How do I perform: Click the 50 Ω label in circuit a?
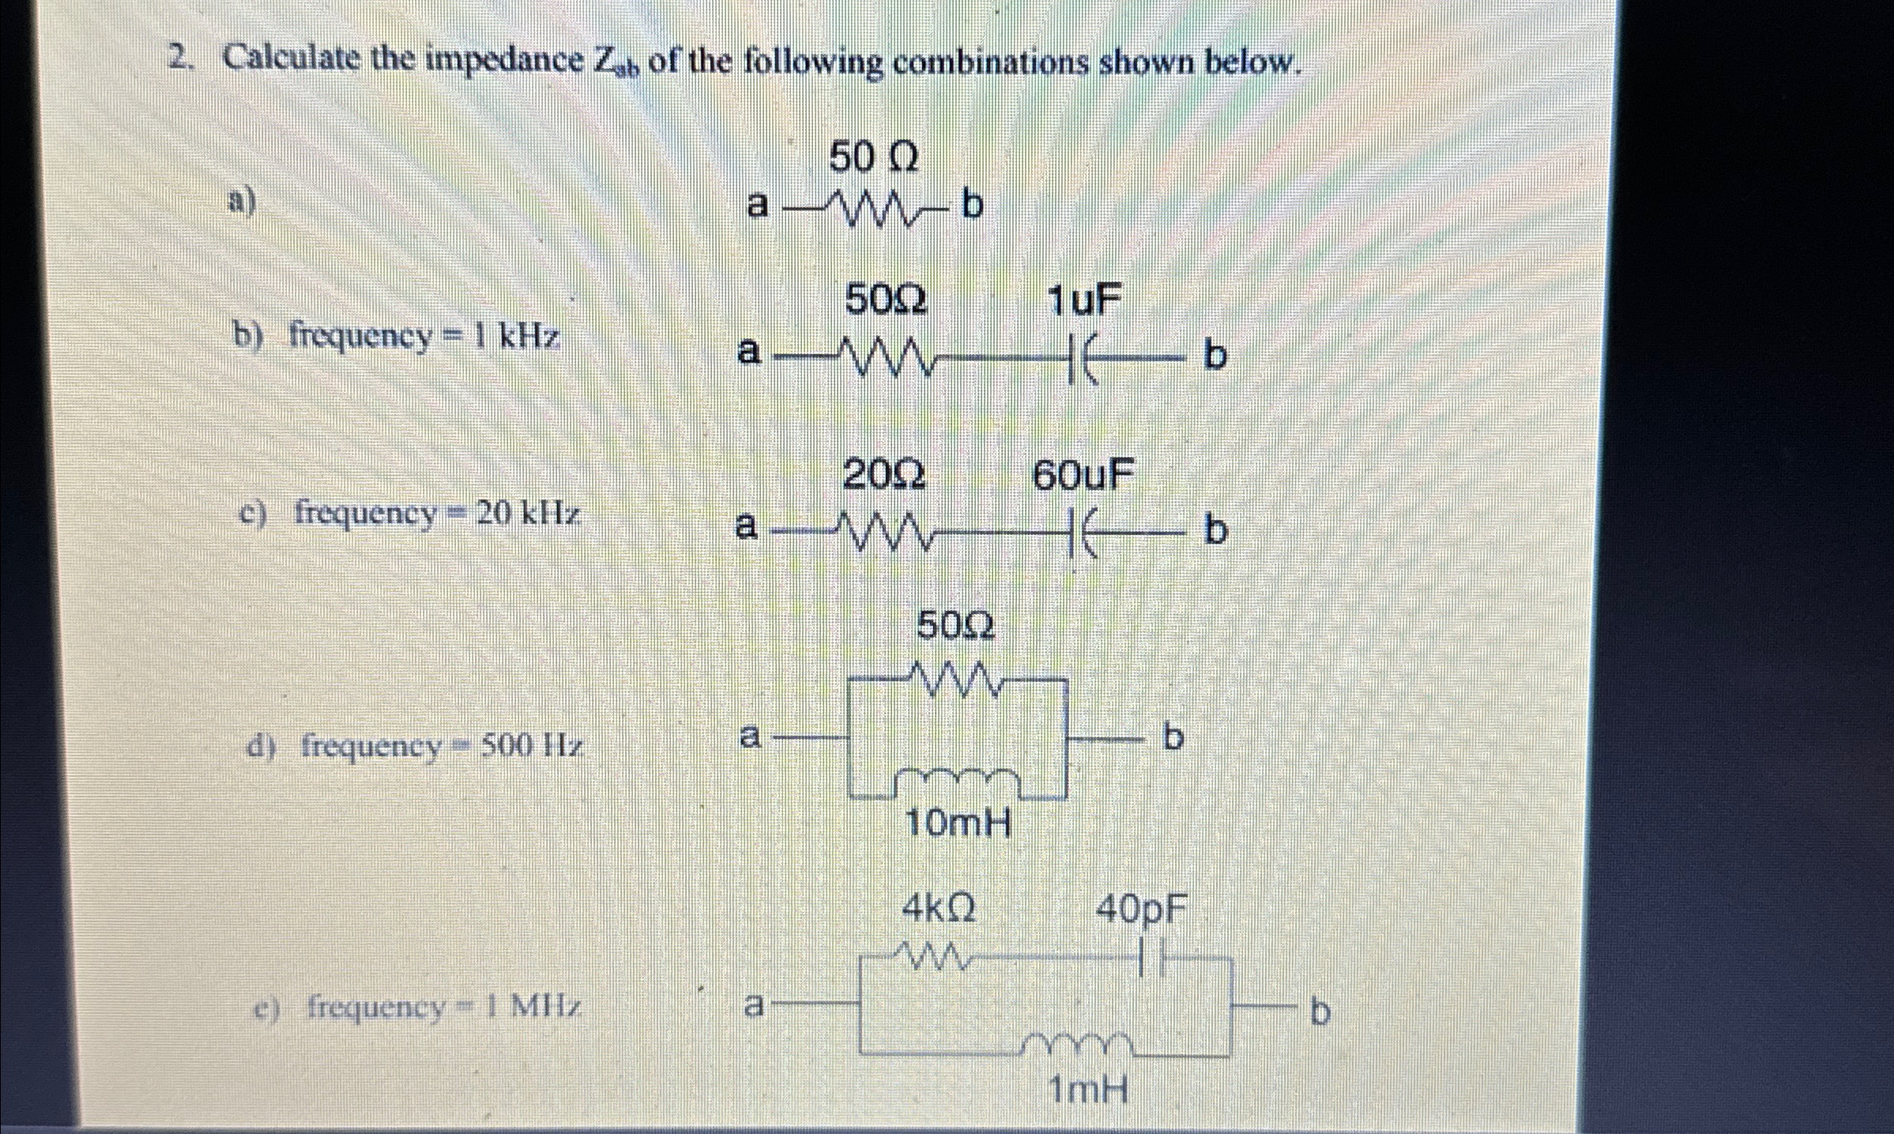point(873,158)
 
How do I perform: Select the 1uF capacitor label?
point(1083,301)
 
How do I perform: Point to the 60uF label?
point(1083,476)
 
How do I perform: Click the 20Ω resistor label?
point(883,476)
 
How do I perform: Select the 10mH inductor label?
point(958,825)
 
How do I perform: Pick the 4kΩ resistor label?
point(939,910)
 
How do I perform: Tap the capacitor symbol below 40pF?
point(1154,962)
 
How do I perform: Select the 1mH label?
point(1087,1091)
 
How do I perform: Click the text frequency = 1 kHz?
point(424,337)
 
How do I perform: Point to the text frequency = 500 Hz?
point(442,745)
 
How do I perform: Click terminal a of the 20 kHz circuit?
point(745,526)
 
